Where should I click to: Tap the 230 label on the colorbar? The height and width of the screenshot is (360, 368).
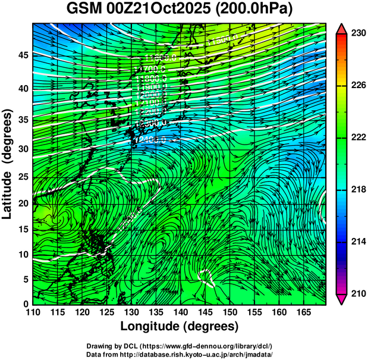358,33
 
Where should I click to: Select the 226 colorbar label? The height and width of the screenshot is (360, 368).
358,86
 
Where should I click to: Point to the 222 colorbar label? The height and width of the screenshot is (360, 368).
358,137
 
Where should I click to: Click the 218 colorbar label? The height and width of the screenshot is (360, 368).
358,189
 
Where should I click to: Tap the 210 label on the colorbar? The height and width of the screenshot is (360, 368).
358,293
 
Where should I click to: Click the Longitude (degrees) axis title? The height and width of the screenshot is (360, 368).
180,326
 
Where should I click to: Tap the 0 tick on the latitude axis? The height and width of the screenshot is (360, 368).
25,304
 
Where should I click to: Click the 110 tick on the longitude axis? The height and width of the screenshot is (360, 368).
33,312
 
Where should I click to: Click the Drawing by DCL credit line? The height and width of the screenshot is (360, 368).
179,346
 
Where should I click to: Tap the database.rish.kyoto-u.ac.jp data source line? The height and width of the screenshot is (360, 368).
179,354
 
